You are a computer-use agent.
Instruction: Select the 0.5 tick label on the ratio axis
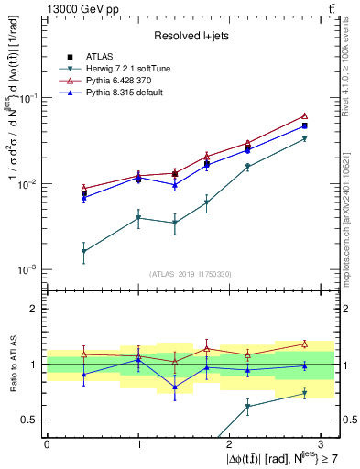[33, 420]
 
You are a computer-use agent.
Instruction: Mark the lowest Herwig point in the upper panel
[83, 251]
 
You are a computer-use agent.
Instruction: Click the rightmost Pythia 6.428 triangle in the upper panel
[304, 116]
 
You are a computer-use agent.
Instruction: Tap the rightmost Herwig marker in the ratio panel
[304, 394]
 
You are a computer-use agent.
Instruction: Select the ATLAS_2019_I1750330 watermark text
[191, 273]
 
